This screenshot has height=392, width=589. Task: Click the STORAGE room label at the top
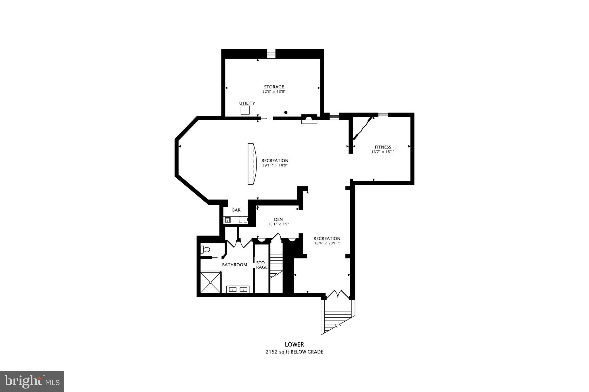click(274, 87)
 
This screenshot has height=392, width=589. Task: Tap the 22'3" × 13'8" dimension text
click(274, 92)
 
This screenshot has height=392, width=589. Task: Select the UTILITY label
click(247, 103)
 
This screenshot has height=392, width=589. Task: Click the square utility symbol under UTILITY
click(245, 110)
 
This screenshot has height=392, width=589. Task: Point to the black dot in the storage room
click(286, 112)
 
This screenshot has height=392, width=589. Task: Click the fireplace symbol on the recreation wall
click(309, 119)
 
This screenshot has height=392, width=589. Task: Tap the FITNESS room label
click(383, 147)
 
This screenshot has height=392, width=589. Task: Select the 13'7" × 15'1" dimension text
click(383, 152)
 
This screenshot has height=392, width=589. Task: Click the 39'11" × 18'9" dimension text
click(275, 165)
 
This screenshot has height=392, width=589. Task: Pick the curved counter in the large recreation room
click(252, 164)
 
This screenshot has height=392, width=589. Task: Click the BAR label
click(236, 210)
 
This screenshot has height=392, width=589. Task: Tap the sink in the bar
click(227, 220)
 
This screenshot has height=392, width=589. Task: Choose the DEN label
click(278, 219)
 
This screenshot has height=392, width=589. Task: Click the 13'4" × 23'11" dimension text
click(327, 243)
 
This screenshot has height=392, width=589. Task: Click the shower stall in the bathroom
click(211, 282)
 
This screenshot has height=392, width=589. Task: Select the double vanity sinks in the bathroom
click(238, 289)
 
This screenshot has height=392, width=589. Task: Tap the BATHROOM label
click(234, 265)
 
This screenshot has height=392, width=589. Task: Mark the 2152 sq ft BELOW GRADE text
click(294, 352)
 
